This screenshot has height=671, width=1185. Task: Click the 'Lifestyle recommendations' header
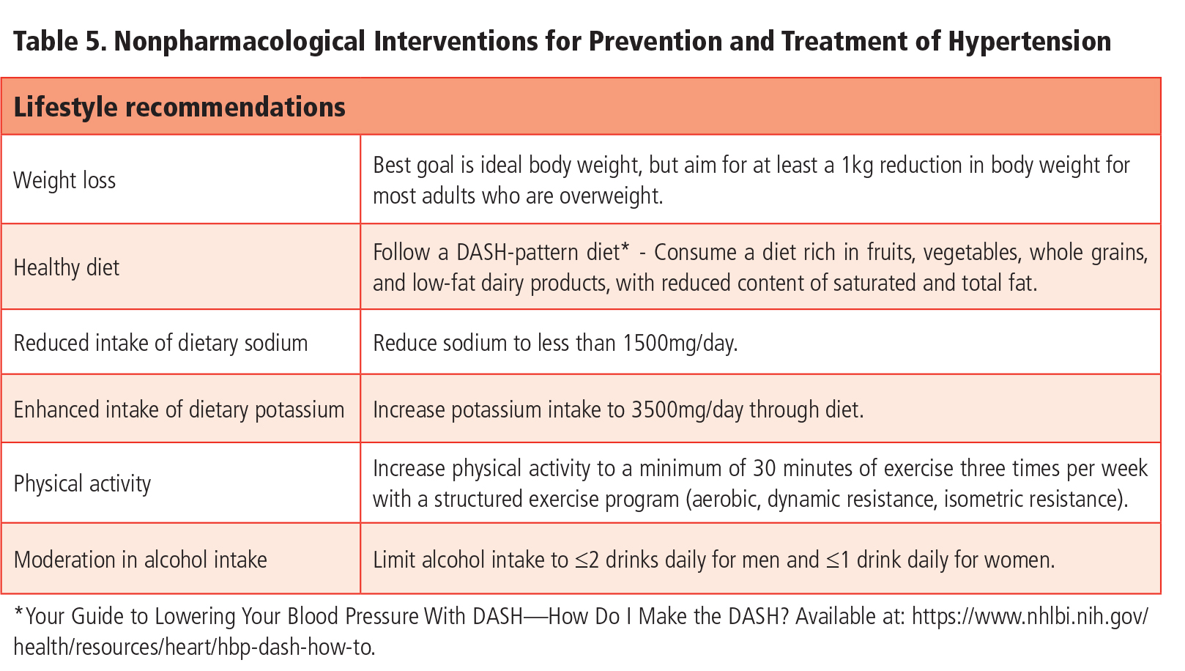[179, 107]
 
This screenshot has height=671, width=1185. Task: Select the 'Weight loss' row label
[64, 180]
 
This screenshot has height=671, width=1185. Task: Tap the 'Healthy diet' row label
[67, 267]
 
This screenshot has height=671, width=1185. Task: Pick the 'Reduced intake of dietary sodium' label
[160, 343]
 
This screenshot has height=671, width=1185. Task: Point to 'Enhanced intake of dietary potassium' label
[179, 409]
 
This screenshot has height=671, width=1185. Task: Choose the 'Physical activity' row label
[82, 483]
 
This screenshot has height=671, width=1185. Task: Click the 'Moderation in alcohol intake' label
[140, 560]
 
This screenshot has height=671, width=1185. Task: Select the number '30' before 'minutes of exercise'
[764, 468]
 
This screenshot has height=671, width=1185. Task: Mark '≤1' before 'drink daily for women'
[838, 560]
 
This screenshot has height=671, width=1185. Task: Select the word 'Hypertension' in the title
[1029, 41]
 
